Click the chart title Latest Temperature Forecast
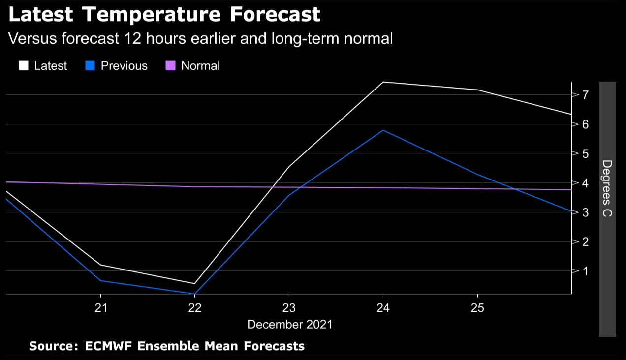164,15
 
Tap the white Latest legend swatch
24,66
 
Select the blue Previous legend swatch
90,66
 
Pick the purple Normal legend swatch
170,66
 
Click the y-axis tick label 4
586,183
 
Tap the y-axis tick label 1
586,271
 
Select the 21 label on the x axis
101,308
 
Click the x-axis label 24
383,308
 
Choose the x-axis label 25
477,308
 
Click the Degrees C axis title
607,189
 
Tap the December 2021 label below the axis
289,325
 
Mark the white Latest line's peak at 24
383,82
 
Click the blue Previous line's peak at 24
383,130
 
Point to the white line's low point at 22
195,284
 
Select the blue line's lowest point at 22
195,294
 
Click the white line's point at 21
101,265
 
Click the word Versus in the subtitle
32,39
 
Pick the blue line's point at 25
477,174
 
